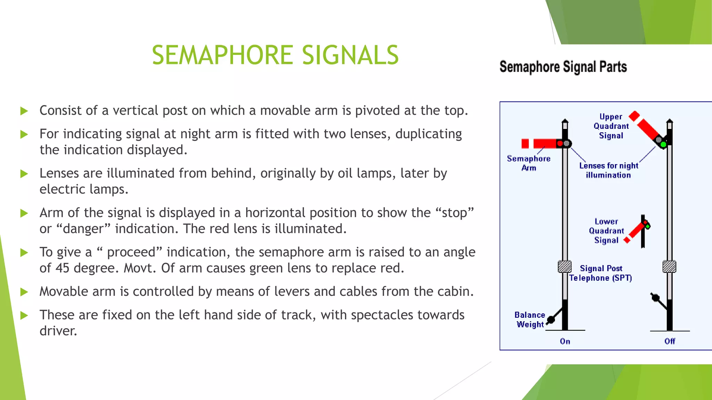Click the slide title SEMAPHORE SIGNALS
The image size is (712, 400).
tap(275, 55)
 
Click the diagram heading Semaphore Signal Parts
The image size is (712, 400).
tap(563, 67)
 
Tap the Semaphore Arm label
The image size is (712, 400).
tap(528, 163)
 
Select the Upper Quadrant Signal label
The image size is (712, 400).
tap(611, 126)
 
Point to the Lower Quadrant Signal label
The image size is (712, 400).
tap(606, 231)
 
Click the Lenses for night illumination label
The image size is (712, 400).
tap(608, 170)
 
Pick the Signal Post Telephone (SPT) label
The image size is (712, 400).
tap(600, 273)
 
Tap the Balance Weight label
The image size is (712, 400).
tap(529, 319)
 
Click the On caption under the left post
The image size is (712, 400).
tap(565, 341)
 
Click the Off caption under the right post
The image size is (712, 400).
tap(670, 341)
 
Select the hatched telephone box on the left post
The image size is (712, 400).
tap(565, 267)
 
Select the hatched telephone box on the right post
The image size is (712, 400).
tap(669, 267)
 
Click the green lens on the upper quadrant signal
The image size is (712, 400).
tap(663, 144)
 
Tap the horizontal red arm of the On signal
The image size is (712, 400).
tap(544, 143)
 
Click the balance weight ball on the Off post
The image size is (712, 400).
tap(655, 298)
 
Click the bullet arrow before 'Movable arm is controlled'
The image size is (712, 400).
tap(24, 292)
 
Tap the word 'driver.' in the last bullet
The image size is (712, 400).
tap(58, 331)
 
